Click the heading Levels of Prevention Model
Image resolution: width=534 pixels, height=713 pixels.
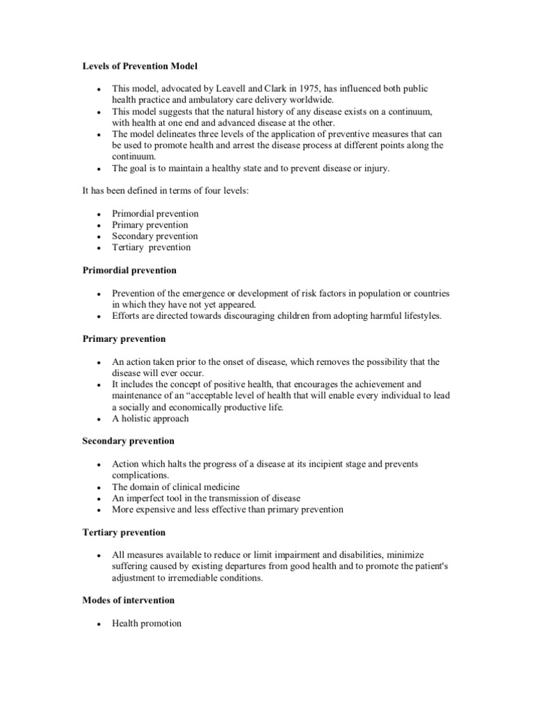point(140,66)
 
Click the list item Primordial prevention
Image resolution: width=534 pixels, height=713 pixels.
point(155,214)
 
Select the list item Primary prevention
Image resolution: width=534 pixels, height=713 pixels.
point(149,225)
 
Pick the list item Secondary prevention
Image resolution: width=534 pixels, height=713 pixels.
point(154,236)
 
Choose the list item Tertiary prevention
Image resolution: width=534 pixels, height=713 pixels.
point(151,247)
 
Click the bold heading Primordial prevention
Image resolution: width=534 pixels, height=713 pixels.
point(129,269)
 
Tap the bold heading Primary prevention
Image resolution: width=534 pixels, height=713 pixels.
point(124,338)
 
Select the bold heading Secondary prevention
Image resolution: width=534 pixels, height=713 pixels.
point(128,441)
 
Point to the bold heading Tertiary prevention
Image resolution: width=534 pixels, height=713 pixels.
point(124,532)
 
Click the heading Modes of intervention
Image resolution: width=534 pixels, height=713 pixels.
point(128,600)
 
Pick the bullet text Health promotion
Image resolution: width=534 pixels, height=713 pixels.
point(147,623)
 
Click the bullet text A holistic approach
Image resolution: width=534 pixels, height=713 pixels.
point(150,418)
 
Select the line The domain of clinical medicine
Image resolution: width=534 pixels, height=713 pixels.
point(176,487)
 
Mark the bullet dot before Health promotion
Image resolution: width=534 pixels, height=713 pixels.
point(100,624)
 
